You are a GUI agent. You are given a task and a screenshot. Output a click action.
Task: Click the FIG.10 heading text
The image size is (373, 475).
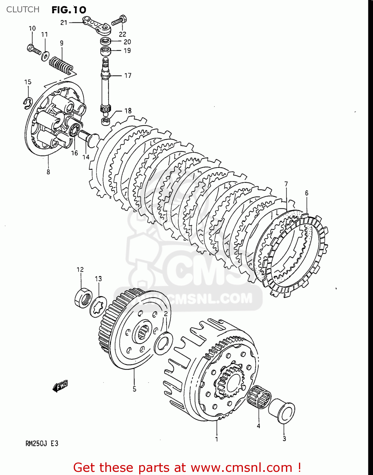(x=69, y=10)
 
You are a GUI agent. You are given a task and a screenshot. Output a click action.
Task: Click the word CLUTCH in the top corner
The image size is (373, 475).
(x=23, y=9)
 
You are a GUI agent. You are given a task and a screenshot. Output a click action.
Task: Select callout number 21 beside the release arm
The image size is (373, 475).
(x=64, y=22)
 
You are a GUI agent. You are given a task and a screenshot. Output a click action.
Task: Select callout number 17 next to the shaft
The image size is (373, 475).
(x=127, y=75)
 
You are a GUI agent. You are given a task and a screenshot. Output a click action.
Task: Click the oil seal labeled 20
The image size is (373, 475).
(x=105, y=41)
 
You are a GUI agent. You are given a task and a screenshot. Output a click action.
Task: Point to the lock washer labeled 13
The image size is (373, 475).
(x=98, y=306)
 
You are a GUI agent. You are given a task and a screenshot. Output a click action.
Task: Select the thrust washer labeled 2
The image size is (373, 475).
(x=163, y=343)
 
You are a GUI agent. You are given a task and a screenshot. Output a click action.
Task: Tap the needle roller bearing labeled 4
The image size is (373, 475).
(x=259, y=398)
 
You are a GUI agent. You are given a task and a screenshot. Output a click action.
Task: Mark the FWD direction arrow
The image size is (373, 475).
(x=60, y=386)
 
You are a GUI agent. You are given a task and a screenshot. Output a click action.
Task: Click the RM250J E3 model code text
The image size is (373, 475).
(x=42, y=443)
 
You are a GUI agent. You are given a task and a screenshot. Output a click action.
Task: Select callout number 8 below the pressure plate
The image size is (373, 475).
(x=48, y=172)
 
